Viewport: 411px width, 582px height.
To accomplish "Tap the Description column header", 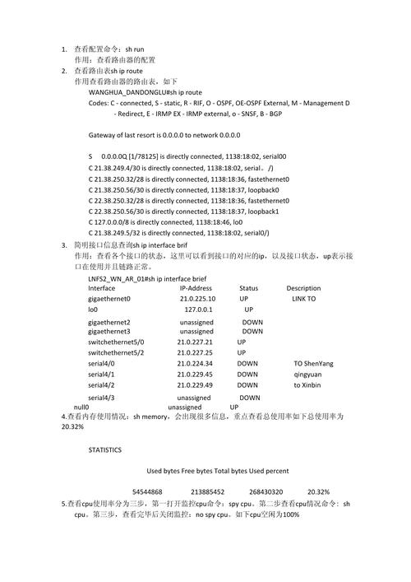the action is click(303, 288).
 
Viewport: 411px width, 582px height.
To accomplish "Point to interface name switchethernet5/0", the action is click(116, 342).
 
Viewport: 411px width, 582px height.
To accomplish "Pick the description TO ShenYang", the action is click(313, 363).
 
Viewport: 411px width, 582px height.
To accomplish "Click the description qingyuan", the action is click(309, 374).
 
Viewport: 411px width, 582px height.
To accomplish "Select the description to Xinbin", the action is click(307, 384).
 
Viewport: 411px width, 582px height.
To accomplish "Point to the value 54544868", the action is click(147, 491).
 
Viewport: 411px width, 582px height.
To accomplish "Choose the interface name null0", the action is click(81, 407).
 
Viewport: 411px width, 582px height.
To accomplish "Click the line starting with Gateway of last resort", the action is click(164, 134).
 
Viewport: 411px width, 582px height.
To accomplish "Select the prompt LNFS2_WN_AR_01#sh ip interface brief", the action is click(147, 279).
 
